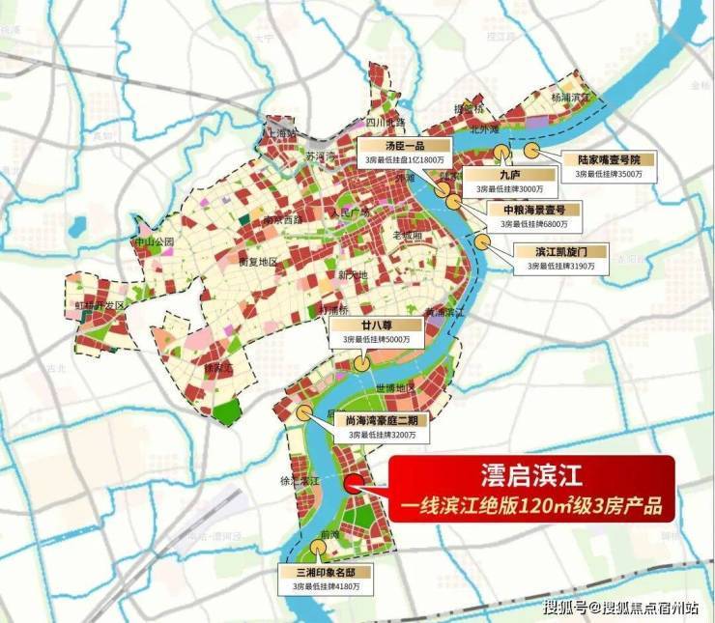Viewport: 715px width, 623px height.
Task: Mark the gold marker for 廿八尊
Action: pyautogui.click(x=359, y=364)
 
